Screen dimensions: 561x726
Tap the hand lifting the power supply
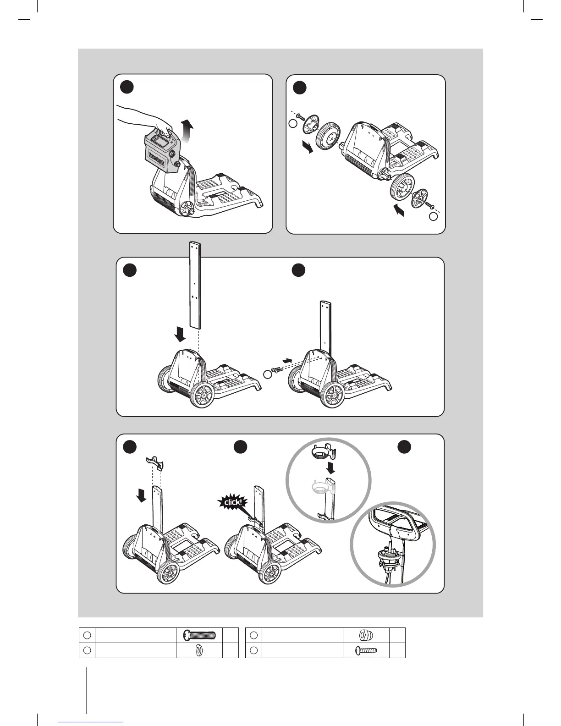pyautogui.click(x=142, y=118)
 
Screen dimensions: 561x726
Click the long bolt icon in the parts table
pyautogui.click(x=199, y=635)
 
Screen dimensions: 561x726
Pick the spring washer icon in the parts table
pyautogui.click(x=199, y=650)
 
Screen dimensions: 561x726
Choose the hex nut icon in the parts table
pyautogui.click(x=366, y=635)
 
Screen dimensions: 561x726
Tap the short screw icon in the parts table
pyautogui.click(x=366, y=650)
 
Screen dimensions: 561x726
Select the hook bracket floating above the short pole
pyautogui.click(x=154, y=463)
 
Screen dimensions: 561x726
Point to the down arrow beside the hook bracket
pyautogui.click(x=142, y=495)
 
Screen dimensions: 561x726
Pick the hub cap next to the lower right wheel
pyautogui.click(x=419, y=198)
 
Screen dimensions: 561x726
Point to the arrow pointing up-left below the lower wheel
pyautogui.click(x=399, y=210)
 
